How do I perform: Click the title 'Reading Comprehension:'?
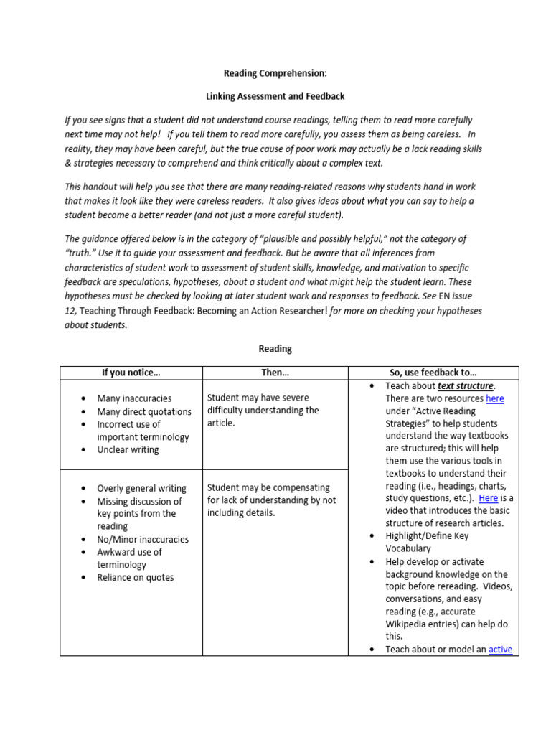point(275,73)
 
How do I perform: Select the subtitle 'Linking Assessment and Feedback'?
point(275,96)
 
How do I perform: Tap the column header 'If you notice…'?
point(131,373)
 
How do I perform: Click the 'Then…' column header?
point(275,373)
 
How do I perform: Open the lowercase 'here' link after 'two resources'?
point(494,398)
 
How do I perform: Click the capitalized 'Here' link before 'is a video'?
point(488,498)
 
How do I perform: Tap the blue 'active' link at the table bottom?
point(500,650)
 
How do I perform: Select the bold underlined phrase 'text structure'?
point(465,386)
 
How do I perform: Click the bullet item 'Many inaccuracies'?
point(134,398)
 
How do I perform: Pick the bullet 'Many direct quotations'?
point(144,412)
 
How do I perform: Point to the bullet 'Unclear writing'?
point(128,450)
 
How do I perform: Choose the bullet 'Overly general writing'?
point(141,488)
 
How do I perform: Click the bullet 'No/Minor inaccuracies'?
point(143,539)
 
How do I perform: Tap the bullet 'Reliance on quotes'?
point(135,577)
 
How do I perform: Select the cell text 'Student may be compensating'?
point(268,487)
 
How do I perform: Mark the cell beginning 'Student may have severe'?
point(258,398)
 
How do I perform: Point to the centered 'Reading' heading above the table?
point(275,349)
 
